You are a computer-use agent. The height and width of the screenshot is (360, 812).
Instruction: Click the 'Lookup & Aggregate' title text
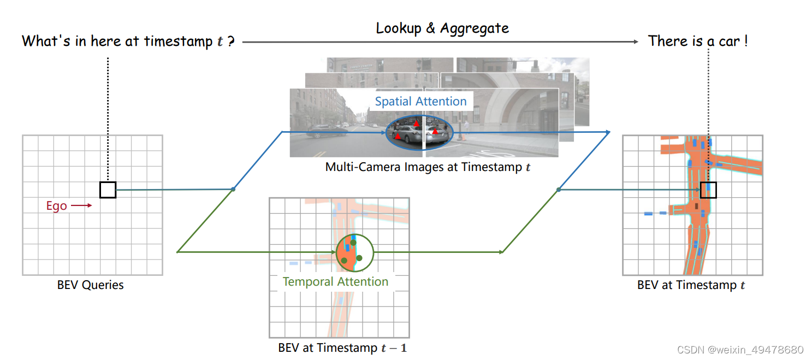click(442, 28)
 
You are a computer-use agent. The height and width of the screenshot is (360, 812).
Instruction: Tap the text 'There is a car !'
click(697, 41)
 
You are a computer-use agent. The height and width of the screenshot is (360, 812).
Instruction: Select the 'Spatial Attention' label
click(420, 101)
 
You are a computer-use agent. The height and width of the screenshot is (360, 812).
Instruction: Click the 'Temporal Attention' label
click(335, 282)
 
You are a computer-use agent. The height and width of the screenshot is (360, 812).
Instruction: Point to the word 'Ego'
click(57, 206)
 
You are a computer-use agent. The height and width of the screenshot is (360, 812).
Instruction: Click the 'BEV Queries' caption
click(91, 285)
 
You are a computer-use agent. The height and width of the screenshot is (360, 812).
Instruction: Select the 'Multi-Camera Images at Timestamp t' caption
click(428, 167)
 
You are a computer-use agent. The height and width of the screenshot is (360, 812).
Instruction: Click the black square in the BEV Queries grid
click(108, 190)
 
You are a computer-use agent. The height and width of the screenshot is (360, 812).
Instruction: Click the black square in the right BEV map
click(708, 190)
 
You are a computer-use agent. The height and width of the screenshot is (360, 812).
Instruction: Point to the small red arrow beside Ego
click(81, 205)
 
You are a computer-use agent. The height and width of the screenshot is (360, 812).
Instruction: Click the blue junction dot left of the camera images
click(233, 189)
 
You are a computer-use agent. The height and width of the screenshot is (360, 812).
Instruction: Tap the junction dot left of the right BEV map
click(558, 190)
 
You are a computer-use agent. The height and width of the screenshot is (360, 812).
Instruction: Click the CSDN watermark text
click(740, 350)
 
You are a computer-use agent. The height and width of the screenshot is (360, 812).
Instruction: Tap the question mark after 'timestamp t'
click(231, 42)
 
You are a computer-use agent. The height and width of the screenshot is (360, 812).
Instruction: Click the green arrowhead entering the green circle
click(333, 252)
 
